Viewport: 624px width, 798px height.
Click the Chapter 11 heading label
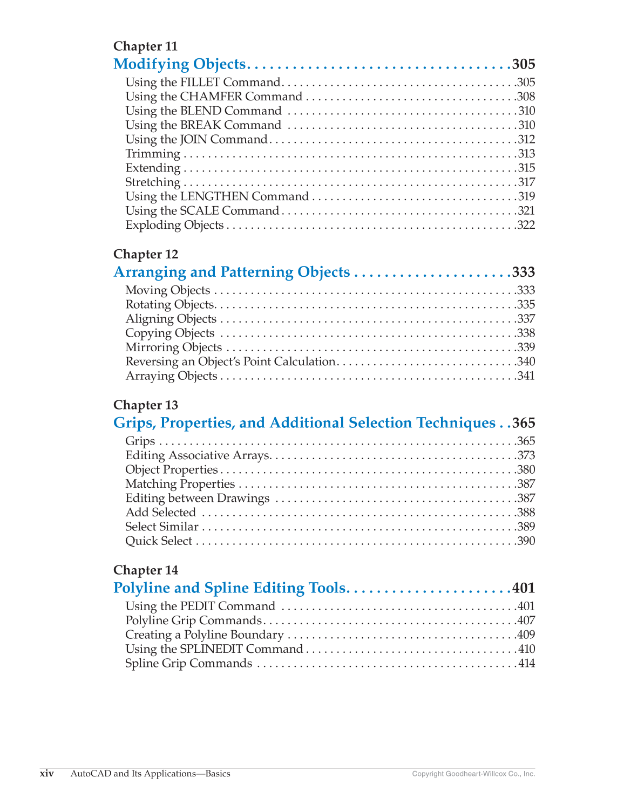[145, 46]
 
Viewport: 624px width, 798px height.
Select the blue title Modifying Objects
[179, 64]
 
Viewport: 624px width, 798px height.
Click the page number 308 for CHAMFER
[526, 97]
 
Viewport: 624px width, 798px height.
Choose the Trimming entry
[153, 154]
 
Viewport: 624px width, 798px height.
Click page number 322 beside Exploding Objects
[526, 225]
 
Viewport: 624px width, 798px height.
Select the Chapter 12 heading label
[146, 254]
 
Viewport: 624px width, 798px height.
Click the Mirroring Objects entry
[173, 347]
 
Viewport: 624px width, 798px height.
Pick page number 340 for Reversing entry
[526, 362]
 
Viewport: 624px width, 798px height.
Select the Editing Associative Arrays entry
[197, 455]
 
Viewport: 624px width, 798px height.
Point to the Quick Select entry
[158, 541]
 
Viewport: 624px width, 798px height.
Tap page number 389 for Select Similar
[526, 527]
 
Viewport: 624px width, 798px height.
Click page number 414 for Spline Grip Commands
[526, 664]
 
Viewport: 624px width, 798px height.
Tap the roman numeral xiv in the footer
[47, 774]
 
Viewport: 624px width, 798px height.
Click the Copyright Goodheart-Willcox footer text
[473, 774]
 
